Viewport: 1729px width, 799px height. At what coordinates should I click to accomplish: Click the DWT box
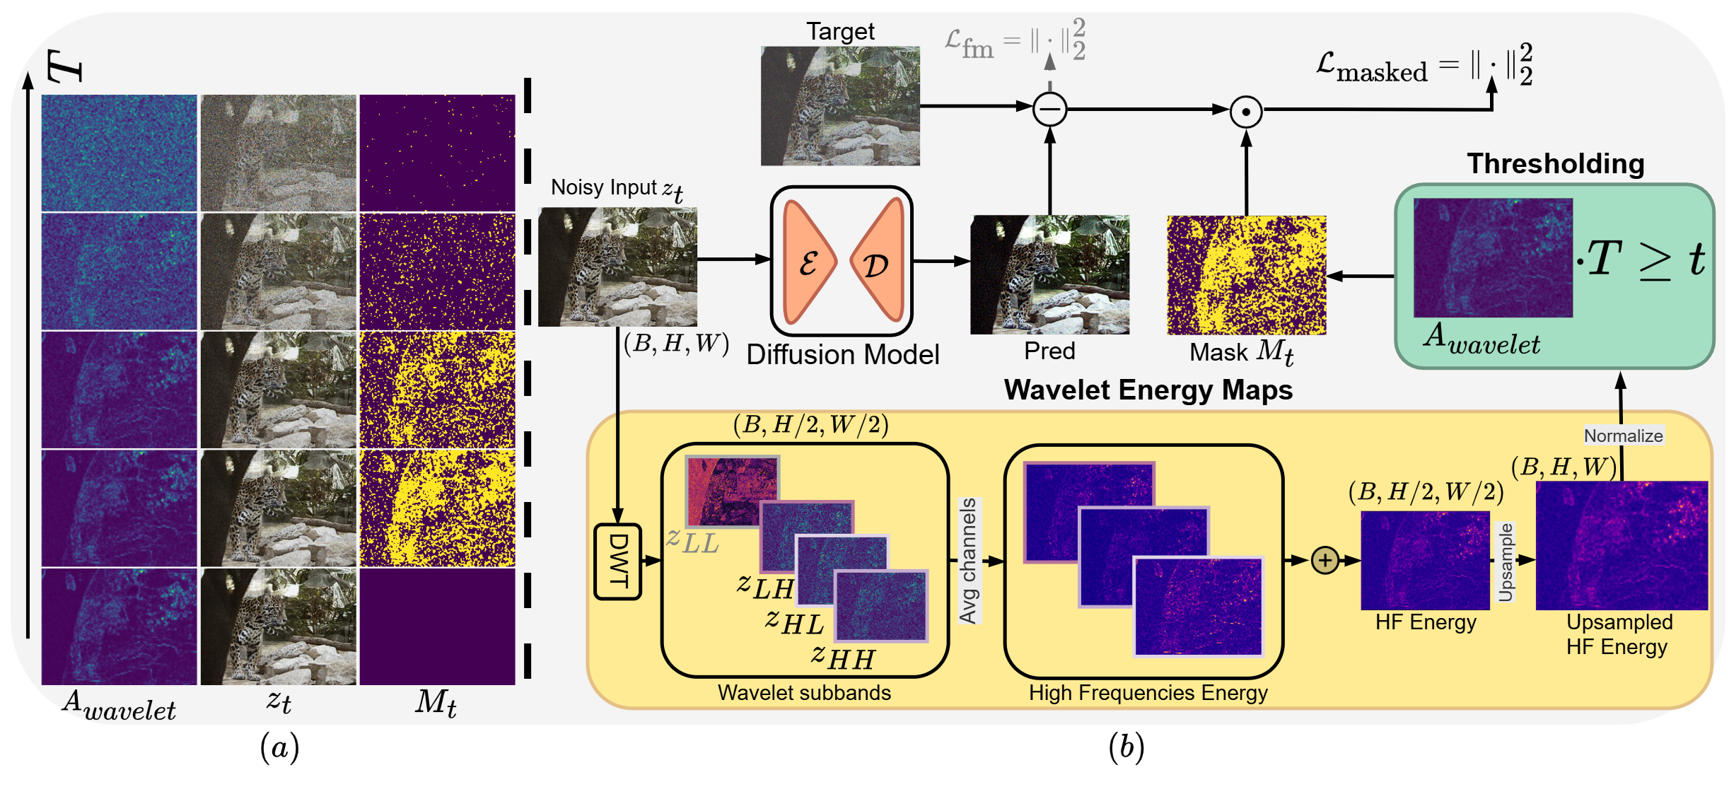pos(617,561)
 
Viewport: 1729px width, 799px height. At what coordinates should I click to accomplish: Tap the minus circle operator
pos(1049,109)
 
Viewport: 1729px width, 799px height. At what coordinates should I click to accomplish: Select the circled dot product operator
pos(1246,112)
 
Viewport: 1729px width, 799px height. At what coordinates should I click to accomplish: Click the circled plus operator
pos(1325,561)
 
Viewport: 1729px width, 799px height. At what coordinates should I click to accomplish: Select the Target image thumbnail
pos(840,106)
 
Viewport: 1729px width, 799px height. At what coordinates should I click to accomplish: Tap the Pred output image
pos(1049,274)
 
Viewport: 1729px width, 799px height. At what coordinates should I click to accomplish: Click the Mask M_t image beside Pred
pos(1246,275)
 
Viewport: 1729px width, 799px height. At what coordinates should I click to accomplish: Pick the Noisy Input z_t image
pos(617,267)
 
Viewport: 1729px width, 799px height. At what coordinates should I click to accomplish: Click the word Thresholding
pos(1555,163)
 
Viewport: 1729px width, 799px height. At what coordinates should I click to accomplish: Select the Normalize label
pos(1623,436)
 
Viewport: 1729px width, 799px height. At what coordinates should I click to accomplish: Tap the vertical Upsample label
pos(1506,562)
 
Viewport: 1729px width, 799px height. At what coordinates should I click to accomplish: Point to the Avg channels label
pos(968,561)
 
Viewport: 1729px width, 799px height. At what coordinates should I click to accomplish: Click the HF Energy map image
pos(1425,560)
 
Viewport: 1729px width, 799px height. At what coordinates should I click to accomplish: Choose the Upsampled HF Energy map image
pos(1622,545)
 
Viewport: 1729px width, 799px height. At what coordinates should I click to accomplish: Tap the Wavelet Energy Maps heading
pos(1148,390)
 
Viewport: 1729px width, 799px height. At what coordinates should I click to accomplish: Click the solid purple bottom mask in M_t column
pos(437,626)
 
